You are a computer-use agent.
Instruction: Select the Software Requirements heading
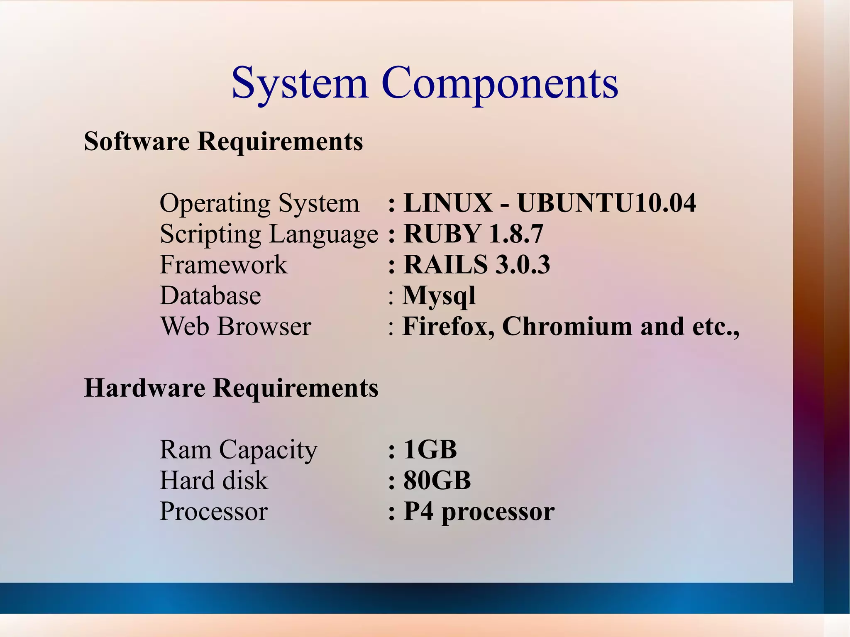[x=223, y=141]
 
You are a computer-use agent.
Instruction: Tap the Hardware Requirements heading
[x=231, y=388]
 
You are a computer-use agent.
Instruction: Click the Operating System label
[x=259, y=203]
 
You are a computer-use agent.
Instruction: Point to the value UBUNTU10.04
[x=606, y=203]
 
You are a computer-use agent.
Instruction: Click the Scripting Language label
[x=269, y=234]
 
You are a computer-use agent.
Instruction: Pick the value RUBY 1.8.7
[x=473, y=234]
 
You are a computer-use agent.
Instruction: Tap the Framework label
[x=223, y=265]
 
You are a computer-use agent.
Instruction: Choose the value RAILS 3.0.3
[x=477, y=265]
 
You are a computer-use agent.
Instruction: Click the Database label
[x=210, y=295]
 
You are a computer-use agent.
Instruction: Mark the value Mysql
[x=439, y=296]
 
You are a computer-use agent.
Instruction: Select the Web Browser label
[x=236, y=326]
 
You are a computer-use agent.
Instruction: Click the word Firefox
[x=448, y=327]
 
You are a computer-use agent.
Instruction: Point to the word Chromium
[x=567, y=327]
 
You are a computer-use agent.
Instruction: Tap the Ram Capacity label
[x=238, y=450]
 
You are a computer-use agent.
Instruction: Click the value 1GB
[x=430, y=449]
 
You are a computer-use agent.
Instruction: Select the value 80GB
[x=437, y=481]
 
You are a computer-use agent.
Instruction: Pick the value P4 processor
[x=479, y=512]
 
